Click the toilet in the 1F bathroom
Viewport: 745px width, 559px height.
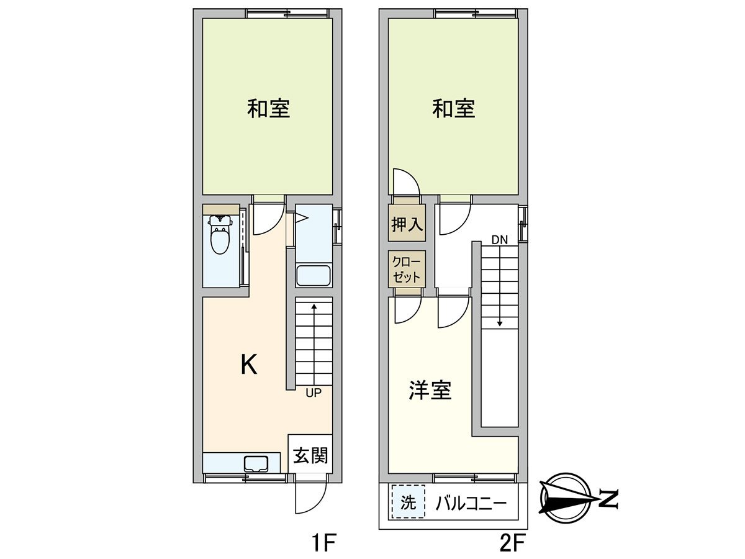(x=220, y=236)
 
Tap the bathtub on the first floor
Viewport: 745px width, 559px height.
(x=314, y=275)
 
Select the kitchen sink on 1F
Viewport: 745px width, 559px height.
(x=256, y=463)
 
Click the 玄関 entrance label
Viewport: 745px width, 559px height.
(x=310, y=456)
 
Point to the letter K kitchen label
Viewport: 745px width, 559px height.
(x=248, y=365)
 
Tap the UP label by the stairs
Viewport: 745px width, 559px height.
(x=313, y=393)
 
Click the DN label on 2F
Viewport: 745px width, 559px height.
(x=499, y=239)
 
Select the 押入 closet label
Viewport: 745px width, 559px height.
(x=407, y=224)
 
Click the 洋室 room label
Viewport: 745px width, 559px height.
(x=430, y=390)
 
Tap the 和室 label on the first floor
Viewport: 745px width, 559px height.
(x=268, y=109)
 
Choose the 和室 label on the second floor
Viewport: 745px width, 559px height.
(x=454, y=109)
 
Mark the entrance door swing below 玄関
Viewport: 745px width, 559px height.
(x=310, y=497)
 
